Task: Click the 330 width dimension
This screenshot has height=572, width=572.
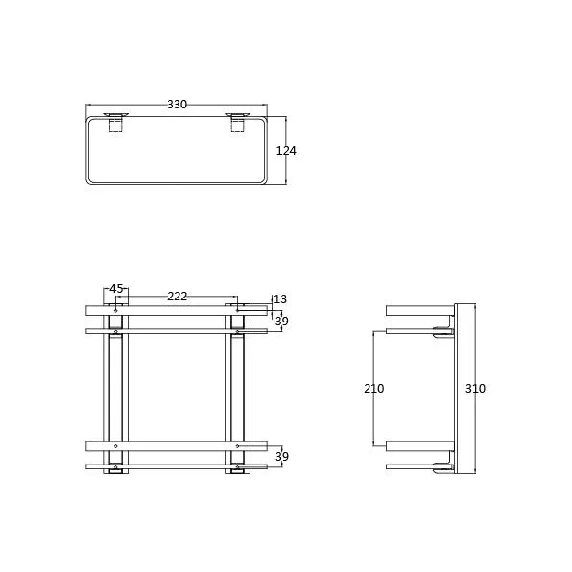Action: point(177,105)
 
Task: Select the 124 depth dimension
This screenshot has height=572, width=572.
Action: point(286,151)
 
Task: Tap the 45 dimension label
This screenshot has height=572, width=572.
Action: point(116,289)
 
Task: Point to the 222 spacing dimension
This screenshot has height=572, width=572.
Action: point(178,297)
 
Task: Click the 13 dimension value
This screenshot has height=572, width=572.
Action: point(280,299)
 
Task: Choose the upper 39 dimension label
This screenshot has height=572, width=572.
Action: point(281,322)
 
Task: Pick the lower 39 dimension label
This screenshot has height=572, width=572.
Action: point(281,457)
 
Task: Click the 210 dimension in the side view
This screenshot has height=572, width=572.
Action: point(374,389)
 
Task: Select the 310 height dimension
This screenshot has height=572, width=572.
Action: point(475,389)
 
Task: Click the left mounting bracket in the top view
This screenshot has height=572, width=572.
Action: point(115,122)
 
